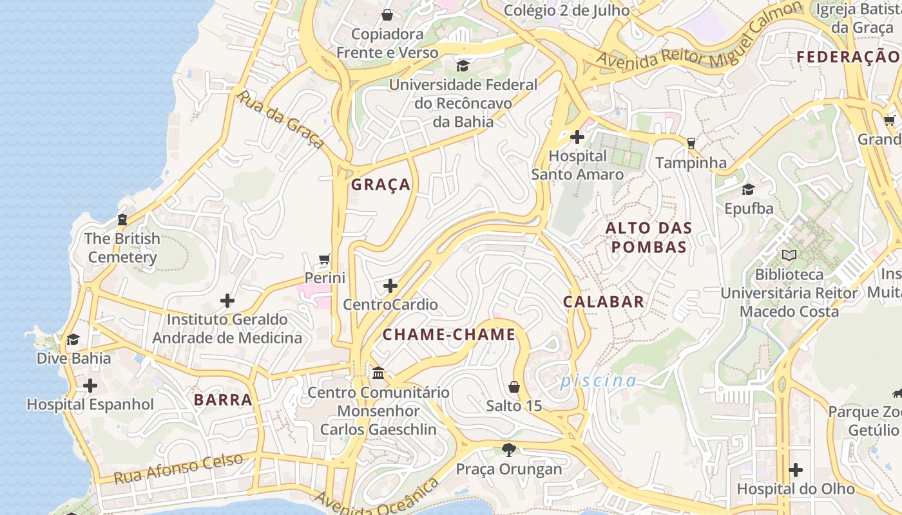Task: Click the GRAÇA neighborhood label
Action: click(380, 185)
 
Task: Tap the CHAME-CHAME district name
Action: click(449, 334)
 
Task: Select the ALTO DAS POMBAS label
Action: click(649, 237)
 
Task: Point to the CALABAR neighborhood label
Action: click(604, 301)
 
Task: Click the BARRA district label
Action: click(223, 400)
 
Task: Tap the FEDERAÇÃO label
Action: click(847, 57)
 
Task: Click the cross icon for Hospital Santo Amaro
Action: click(577, 137)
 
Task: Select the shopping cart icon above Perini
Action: click(325, 259)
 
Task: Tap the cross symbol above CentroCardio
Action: click(390, 286)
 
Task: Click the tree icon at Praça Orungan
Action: click(509, 449)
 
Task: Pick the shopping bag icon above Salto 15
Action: click(514, 386)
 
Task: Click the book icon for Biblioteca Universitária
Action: click(789, 255)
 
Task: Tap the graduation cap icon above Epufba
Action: click(748, 189)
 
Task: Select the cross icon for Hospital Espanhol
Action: click(90, 386)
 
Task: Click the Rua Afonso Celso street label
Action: click(178, 469)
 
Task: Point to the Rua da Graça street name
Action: click(280, 120)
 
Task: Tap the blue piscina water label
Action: click(598, 381)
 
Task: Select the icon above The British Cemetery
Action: click(122, 220)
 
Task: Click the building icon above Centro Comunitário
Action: click(378, 373)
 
